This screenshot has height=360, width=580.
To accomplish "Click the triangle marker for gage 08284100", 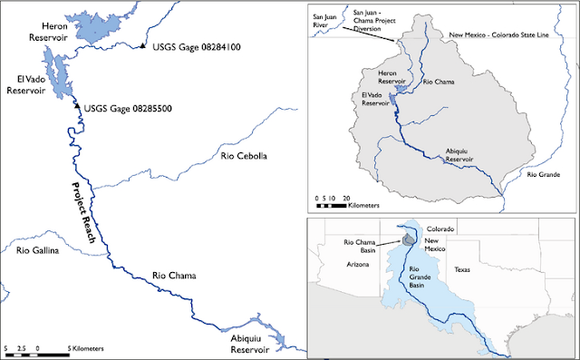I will click(x=143, y=46).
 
